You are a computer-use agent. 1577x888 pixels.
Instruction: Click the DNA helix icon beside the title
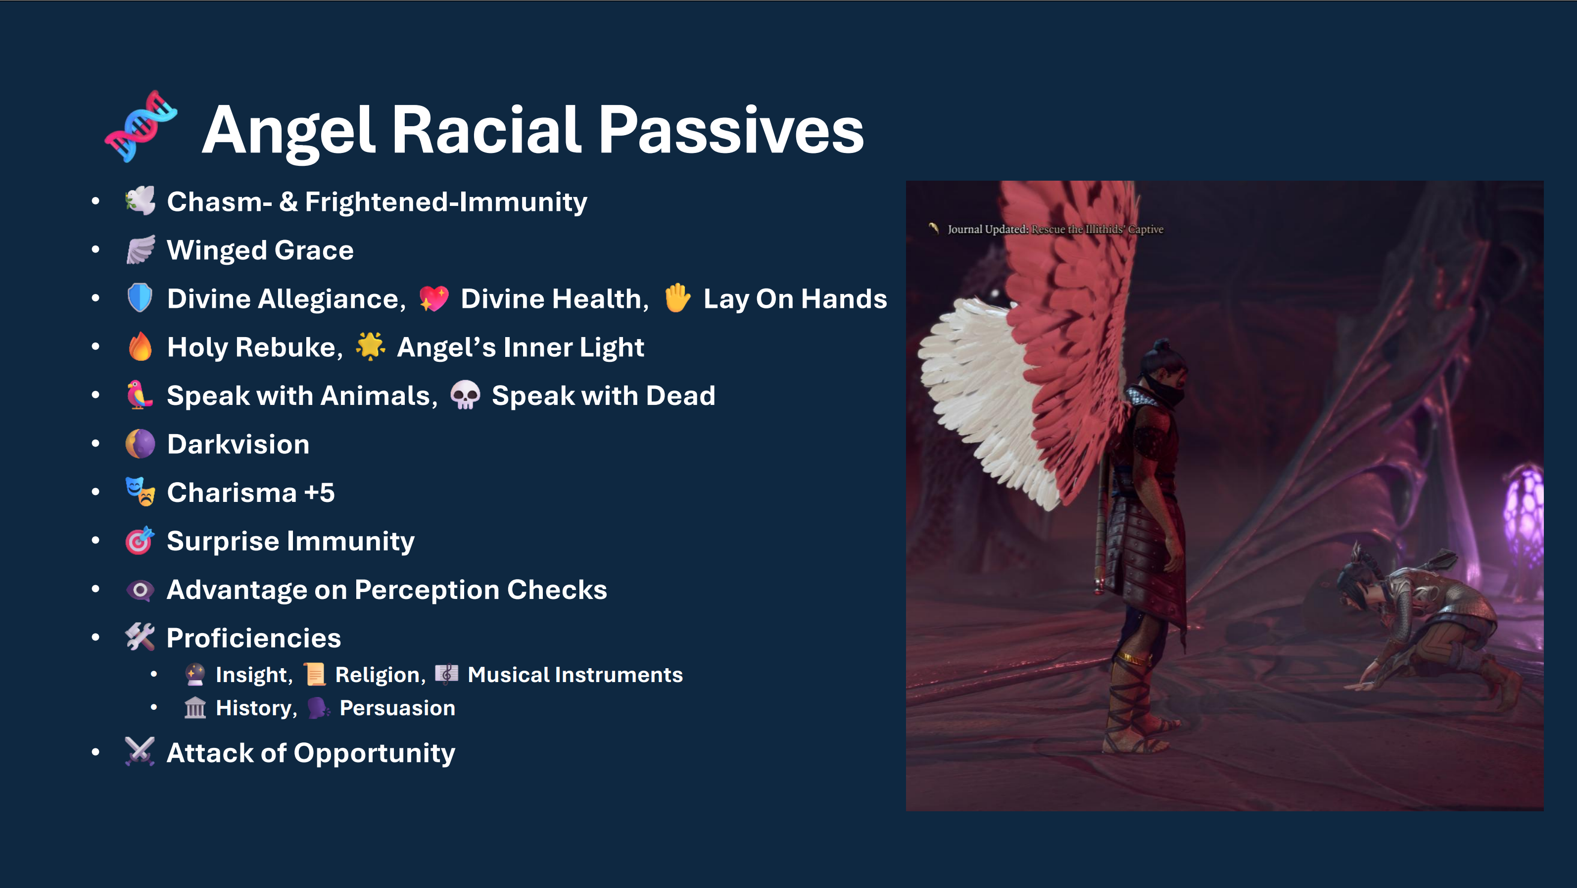pos(141,126)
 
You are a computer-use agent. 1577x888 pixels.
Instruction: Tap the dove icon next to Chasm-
pos(140,201)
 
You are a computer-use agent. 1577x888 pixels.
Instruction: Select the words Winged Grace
pos(260,250)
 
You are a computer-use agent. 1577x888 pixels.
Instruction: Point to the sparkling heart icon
pos(434,298)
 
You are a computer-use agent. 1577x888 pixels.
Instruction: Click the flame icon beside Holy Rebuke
pos(140,346)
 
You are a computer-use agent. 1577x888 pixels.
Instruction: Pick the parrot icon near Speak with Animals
pos(139,395)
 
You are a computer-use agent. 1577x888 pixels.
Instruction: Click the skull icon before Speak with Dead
pos(465,395)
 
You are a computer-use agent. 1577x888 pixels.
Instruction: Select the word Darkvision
pos(238,444)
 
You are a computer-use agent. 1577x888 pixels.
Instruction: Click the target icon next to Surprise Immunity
pos(140,540)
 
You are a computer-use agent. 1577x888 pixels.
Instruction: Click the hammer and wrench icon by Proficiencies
pos(140,637)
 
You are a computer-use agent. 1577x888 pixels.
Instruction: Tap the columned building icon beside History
pos(195,708)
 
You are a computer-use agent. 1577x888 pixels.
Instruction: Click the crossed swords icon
pos(140,751)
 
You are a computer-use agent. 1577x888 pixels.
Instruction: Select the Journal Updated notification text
pos(1055,230)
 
